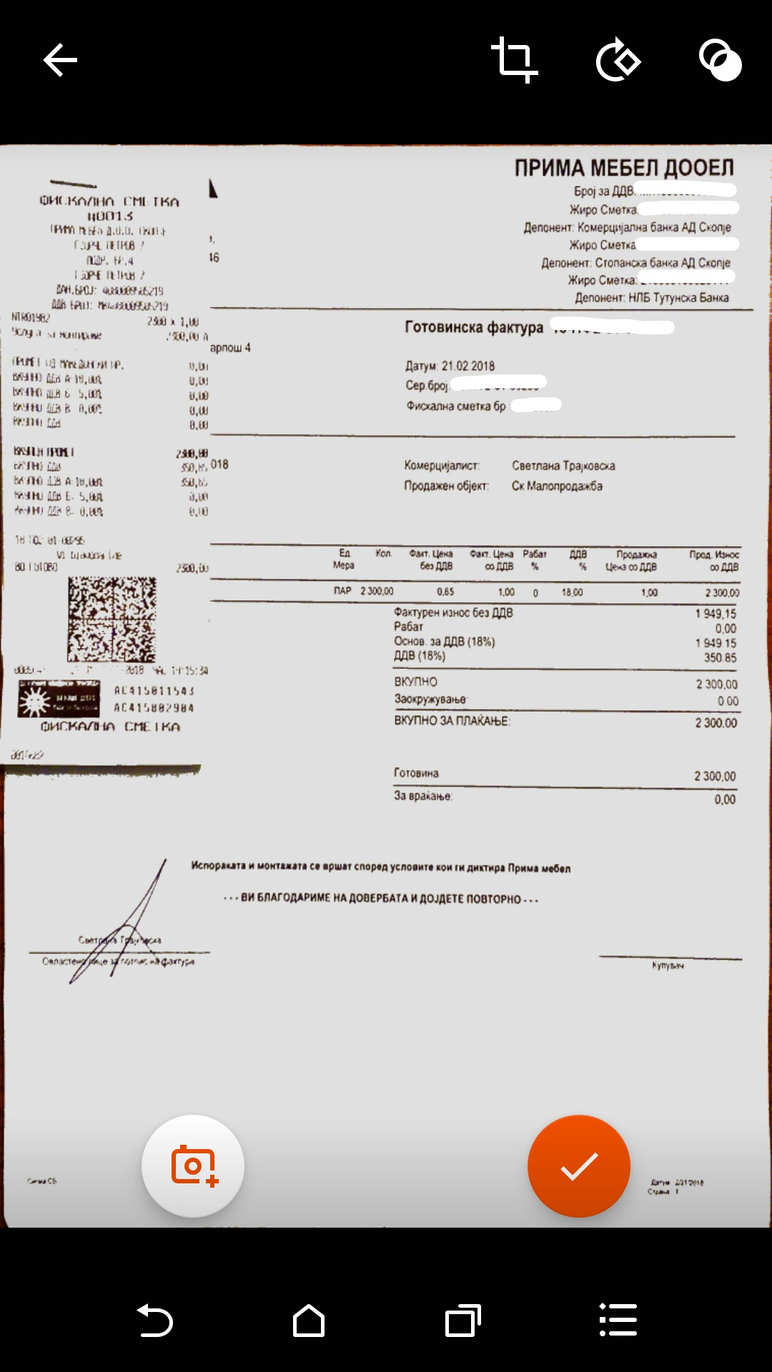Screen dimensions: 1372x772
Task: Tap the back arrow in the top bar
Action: [x=60, y=59]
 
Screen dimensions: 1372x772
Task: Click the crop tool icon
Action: [x=514, y=60]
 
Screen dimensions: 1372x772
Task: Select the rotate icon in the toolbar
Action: [x=618, y=61]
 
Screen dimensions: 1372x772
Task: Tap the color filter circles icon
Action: [x=720, y=61]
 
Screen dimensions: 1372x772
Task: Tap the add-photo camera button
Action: [x=193, y=1165]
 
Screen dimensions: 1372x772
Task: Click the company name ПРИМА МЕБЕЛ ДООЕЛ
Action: [x=624, y=168]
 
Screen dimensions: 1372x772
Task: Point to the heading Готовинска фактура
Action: [x=474, y=327]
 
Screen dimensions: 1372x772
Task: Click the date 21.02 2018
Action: [x=467, y=366]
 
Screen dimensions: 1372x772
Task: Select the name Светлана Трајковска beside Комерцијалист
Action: [x=563, y=466]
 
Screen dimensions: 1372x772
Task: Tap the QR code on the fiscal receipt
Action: [x=112, y=619]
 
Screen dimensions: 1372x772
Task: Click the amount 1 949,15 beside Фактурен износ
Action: [x=715, y=614]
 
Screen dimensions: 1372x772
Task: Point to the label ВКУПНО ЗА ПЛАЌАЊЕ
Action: [x=452, y=721]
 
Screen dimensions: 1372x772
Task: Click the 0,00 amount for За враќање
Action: [x=724, y=800]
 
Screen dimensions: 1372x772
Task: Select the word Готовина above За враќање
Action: [x=416, y=773]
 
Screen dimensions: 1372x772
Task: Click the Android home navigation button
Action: [x=309, y=1320]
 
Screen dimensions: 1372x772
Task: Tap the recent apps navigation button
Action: [x=462, y=1320]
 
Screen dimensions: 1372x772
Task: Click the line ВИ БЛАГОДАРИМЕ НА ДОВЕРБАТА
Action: [x=381, y=898]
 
